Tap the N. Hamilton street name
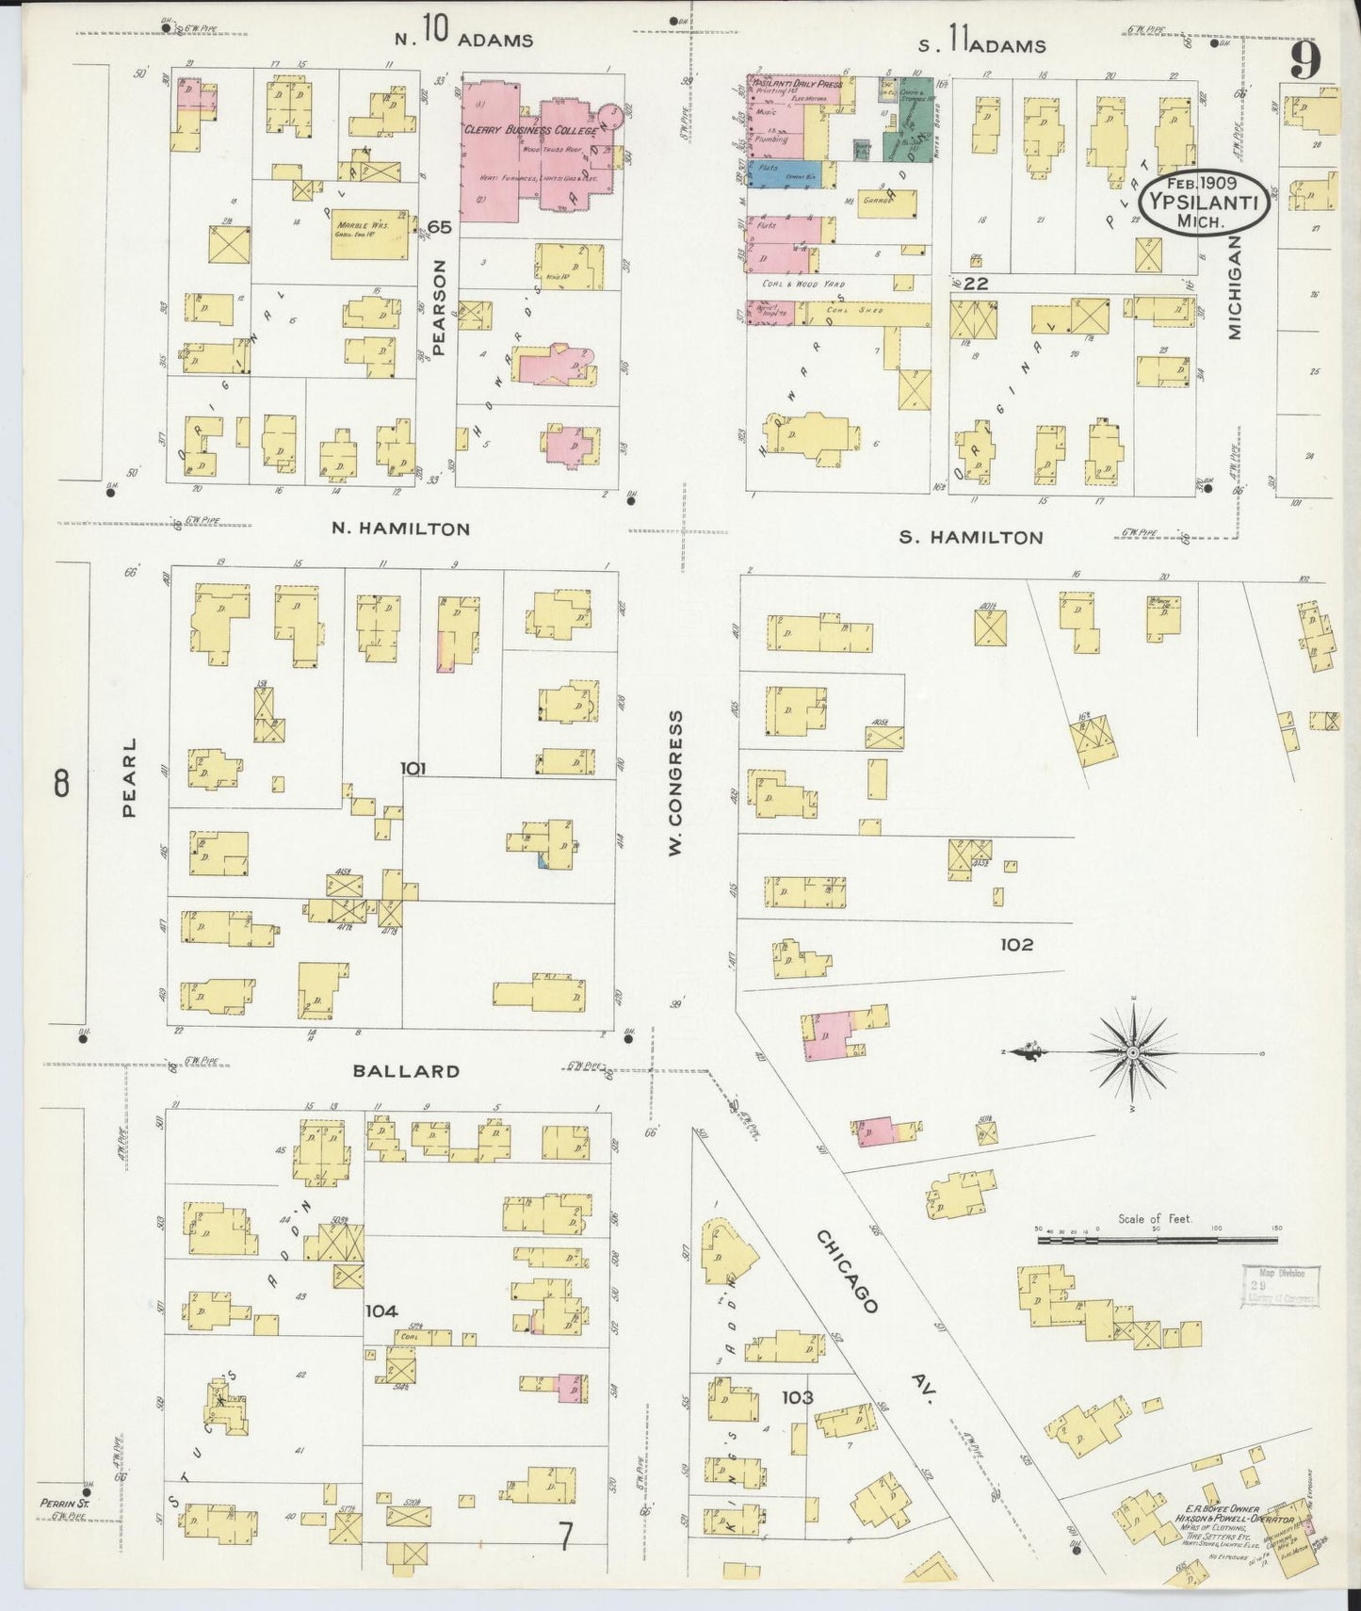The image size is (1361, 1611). tap(400, 529)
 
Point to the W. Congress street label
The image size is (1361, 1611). tap(674, 784)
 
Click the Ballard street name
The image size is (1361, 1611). tap(406, 1071)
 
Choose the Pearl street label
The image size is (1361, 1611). tap(128, 777)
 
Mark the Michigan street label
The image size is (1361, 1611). tap(1234, 287)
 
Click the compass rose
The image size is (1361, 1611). tap(1133, 1050)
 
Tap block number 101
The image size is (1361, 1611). tap(413, 769)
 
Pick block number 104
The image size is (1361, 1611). tap(382, 1310)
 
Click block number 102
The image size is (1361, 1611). tap(1017, 944)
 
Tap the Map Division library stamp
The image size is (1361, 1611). tap(1280, 1285)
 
